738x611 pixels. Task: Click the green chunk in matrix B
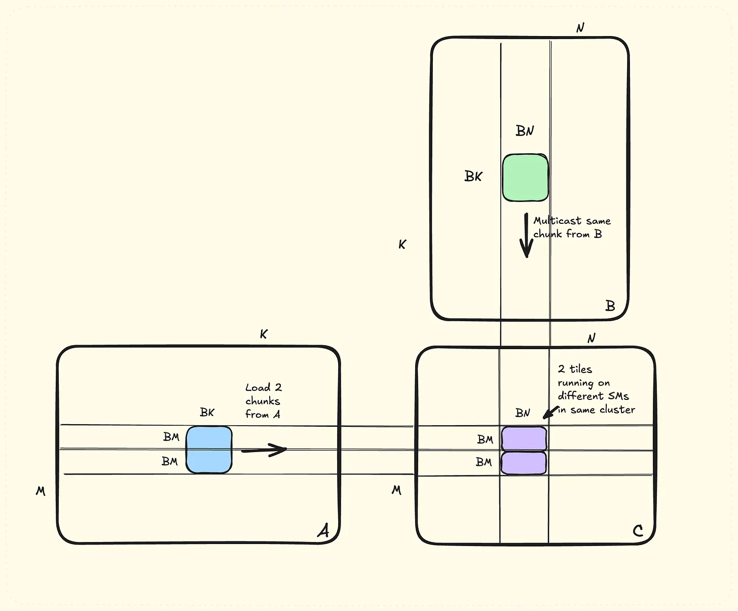click(x=525, y=178)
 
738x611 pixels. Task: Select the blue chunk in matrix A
click(x=209, y=450)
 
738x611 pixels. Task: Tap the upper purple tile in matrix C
click(x=524, y=439)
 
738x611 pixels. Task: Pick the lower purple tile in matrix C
click(x=524, y=463)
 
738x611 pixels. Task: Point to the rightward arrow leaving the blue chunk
click(x=264, y=450)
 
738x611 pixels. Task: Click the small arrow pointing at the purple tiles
click(x=550, y=412)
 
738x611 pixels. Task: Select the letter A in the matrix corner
click(x=323, y=530)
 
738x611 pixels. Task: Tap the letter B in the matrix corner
click(x=610, y=306)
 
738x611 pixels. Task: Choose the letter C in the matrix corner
click(x=638, y=531)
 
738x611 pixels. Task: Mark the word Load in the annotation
click(x=257, y=388)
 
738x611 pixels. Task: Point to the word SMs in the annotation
click(x=618, y=396)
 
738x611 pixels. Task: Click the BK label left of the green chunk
click(x=473, y=176)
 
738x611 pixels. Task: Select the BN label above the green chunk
click(x=525, y=131)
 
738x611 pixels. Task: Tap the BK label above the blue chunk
click(x=207, y=412)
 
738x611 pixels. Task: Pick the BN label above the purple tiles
click(x=523, y=413)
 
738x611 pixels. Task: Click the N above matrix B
click(x=580, y=28)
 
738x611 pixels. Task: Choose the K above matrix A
click(x=264, y=334)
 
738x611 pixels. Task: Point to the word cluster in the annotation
click(x=617, y=410)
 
